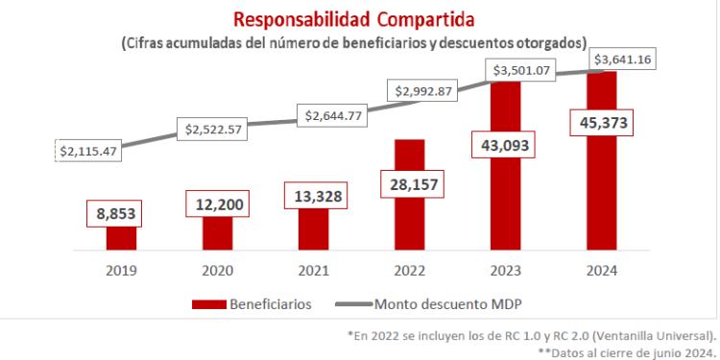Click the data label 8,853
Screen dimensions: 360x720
121,213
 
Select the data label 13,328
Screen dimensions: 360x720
314,195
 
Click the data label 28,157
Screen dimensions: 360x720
410,182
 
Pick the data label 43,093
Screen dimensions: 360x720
506,144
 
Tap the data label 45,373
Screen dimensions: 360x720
602,123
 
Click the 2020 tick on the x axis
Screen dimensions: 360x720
217,271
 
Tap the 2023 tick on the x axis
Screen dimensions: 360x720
506,271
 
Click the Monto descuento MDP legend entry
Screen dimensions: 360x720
427,304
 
